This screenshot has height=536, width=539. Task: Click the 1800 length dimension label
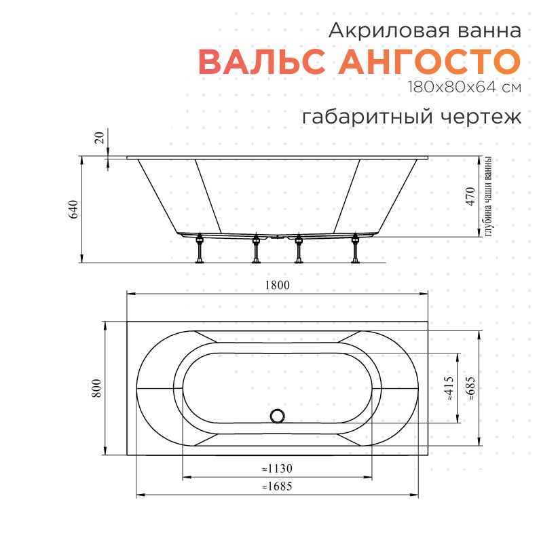(x=277, y=285)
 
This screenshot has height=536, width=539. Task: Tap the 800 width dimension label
(x=96, y=388)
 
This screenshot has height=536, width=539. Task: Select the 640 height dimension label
(x=73, y=209)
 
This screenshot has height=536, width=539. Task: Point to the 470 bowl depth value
(x=470, y=197)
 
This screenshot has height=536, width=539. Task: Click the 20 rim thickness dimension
(x=100, y=138)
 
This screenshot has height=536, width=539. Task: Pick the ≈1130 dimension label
(x=277, y=468)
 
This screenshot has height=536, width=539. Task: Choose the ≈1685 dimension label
(x=277, y=486)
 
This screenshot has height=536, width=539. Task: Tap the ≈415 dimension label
(x=449, y=389)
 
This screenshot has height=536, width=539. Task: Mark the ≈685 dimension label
(x=470, y=389)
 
